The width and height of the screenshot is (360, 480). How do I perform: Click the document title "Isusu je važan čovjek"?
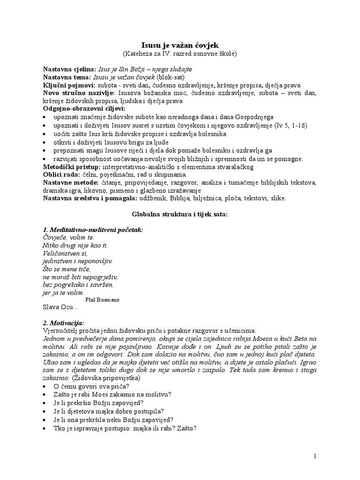point(180,45)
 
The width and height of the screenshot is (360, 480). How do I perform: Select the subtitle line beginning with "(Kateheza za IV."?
point(180,53)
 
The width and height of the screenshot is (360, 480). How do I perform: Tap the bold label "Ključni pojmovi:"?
point(68,85)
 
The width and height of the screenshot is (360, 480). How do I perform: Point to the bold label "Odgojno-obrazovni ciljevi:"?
point(81,108)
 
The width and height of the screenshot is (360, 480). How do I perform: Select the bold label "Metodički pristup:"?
point(69,167)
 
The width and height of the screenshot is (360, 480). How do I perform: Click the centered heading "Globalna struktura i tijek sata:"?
point(180,214)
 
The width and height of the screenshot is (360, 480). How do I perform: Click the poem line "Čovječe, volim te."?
point(68,238)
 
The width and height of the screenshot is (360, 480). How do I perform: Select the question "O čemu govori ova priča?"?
point(91,386)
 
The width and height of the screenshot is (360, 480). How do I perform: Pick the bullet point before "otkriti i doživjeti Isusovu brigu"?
point(45,142)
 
